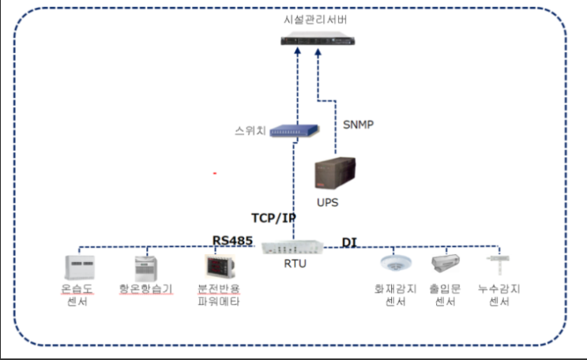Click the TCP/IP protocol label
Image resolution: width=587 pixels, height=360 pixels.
(274, 218)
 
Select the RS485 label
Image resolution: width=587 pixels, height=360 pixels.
(232, 239)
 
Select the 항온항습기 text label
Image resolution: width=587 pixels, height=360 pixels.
(145, 289)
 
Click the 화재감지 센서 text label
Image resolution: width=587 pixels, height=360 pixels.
(394, 295)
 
